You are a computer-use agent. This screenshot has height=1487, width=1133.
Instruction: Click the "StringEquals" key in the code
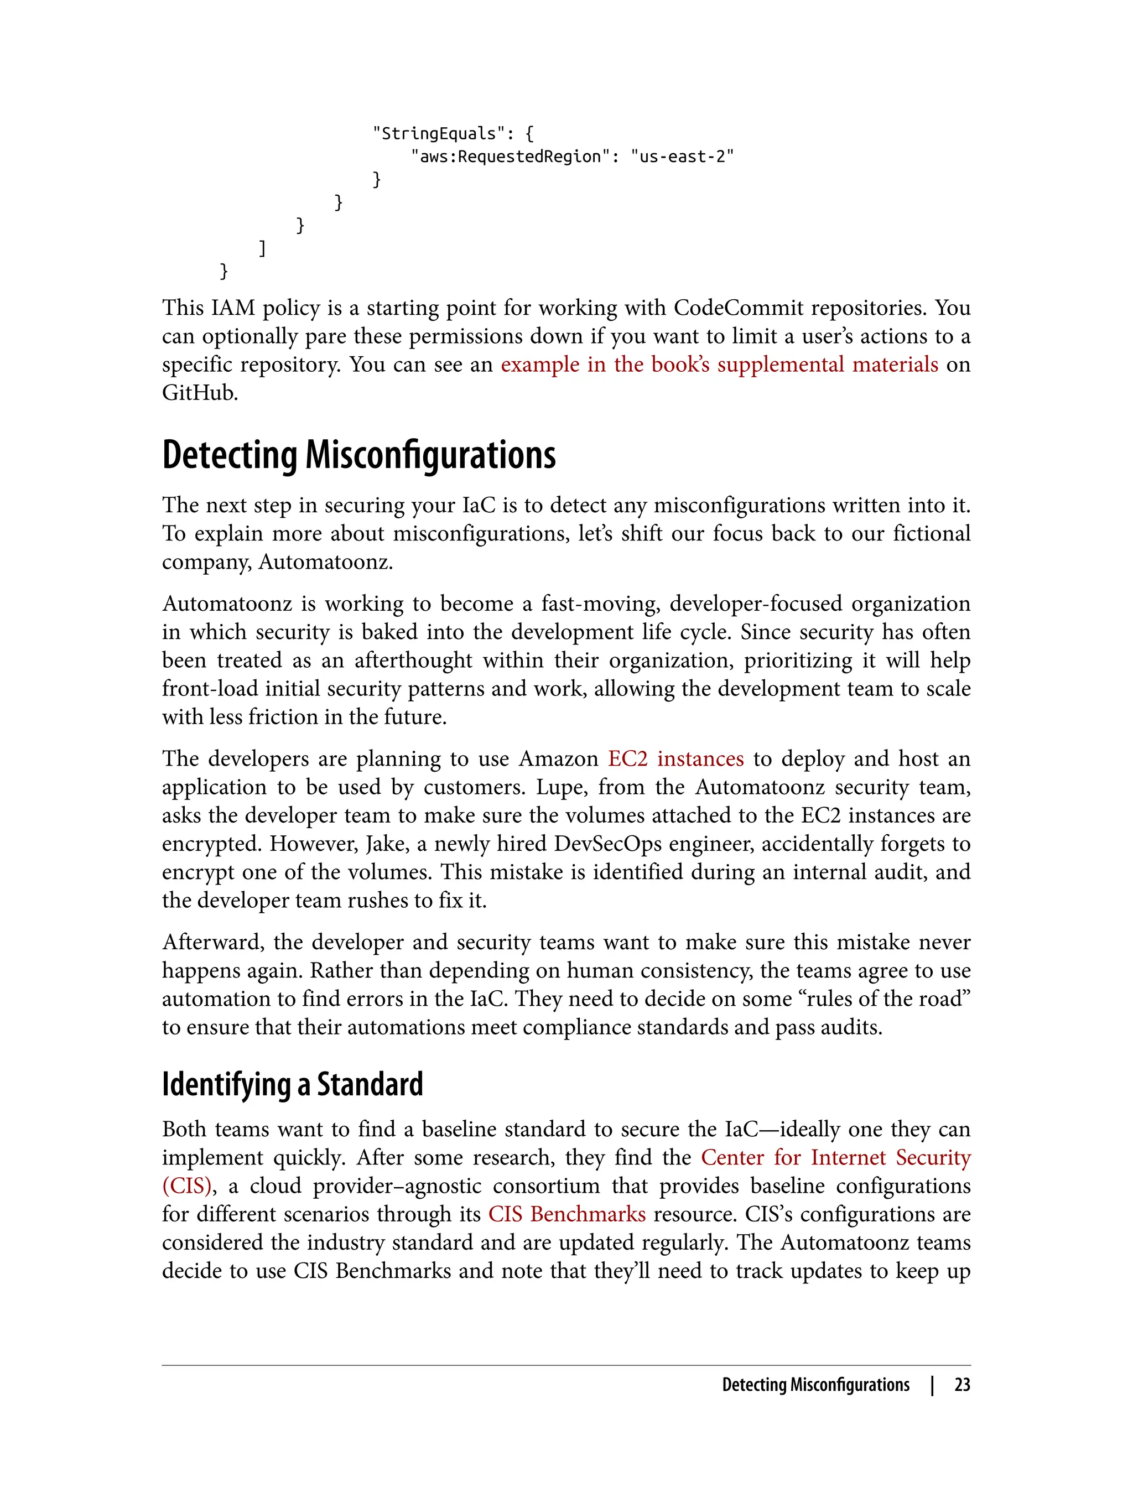pos(438,133)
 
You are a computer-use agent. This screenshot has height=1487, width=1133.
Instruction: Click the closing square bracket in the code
pos(262,248)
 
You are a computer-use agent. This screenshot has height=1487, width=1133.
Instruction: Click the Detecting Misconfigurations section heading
pos(359,455)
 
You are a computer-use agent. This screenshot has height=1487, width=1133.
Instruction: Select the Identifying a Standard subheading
pos(292,1084)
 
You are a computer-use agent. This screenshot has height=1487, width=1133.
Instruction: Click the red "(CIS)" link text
pos(187,1186)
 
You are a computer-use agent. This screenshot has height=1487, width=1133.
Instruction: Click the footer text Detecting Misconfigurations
pos(815,1385)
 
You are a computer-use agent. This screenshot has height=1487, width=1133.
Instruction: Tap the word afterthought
pos(413,659)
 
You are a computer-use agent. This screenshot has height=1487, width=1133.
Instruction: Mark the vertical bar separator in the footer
pos(933,1385)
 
